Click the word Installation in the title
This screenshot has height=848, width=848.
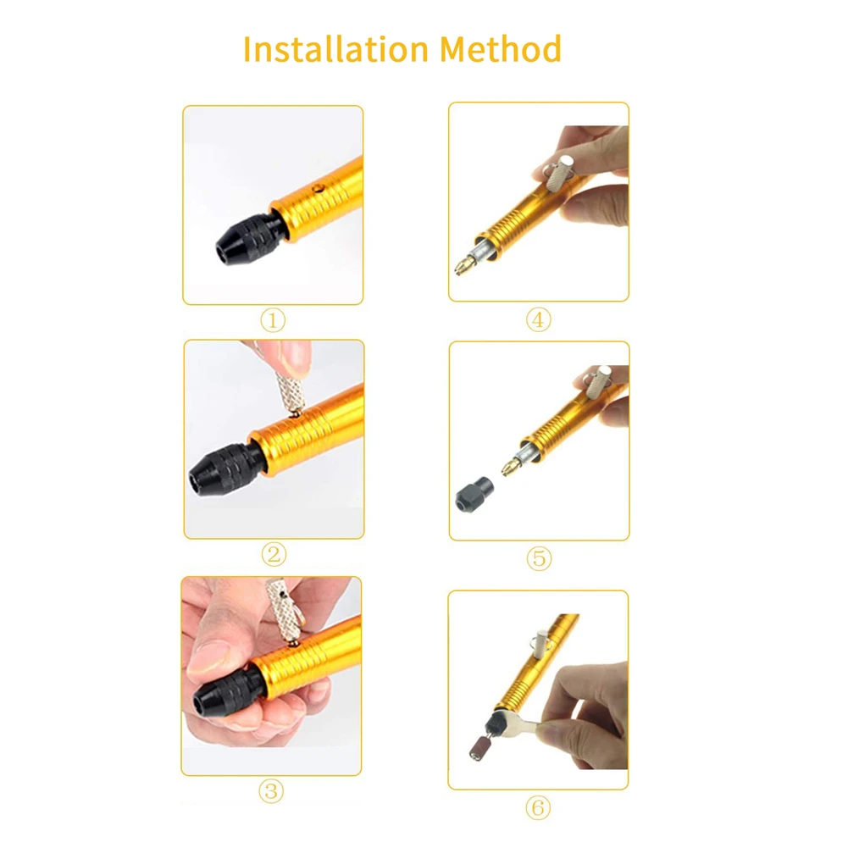click(335, 49)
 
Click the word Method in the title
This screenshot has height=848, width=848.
click(501, 49)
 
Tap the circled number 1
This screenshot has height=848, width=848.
click(273, 320)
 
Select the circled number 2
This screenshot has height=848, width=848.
click(274, 554)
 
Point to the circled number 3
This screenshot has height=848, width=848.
click(271, 790)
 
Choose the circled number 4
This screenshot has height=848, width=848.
click(539, 319)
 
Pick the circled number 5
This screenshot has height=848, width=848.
click(539, 558)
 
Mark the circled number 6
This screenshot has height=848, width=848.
click(538, 808)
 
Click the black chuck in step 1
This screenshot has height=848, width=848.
click(248, 241)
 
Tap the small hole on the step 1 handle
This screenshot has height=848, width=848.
click(319, 189)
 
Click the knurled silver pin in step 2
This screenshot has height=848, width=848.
click(290, 391)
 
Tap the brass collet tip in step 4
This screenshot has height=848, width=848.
click(464, 266)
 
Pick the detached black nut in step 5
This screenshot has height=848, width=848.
click(474, 494)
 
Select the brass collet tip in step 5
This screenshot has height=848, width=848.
click(511, 466)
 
